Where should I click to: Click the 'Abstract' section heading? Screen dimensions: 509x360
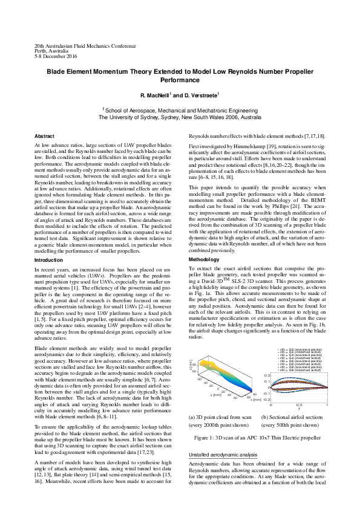point(44,136)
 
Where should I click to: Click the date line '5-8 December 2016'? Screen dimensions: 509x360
point(56,56)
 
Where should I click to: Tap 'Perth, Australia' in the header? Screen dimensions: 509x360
point(51,51)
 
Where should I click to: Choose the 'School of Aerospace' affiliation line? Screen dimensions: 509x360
point(180,111)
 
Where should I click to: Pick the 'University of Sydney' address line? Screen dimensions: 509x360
point(180,118)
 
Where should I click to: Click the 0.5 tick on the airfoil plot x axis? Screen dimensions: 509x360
point(298,405)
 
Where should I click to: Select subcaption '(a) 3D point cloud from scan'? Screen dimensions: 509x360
point(220,417)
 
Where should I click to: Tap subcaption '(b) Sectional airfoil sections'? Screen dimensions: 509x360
point(292,417)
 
